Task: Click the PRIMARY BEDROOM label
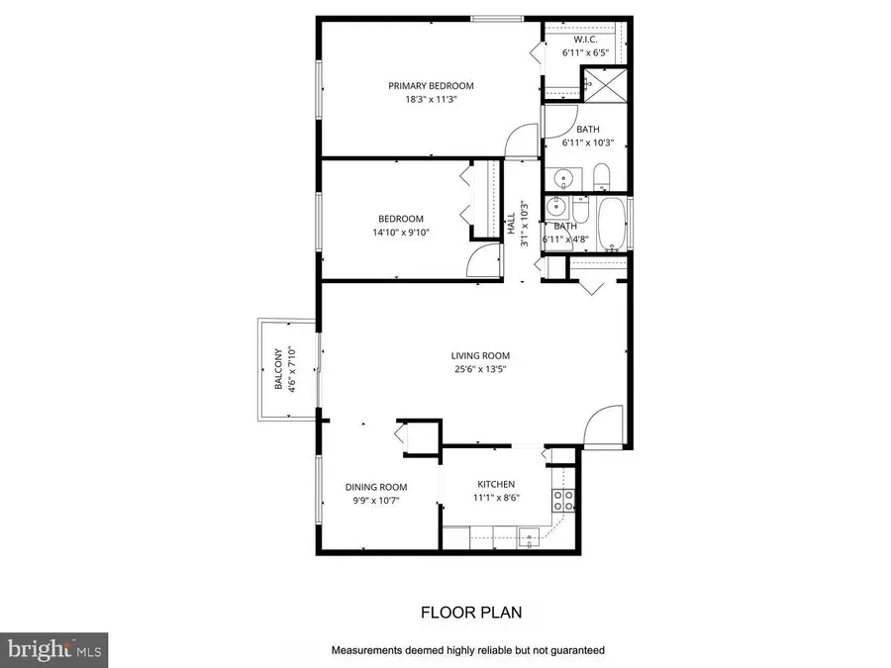430,86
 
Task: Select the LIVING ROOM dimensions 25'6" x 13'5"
480,371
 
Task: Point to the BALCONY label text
279,369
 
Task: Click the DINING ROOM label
376,487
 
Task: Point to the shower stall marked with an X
603,84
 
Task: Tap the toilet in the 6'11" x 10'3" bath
601,179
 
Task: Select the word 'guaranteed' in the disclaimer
571,650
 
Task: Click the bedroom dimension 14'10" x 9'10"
401,233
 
